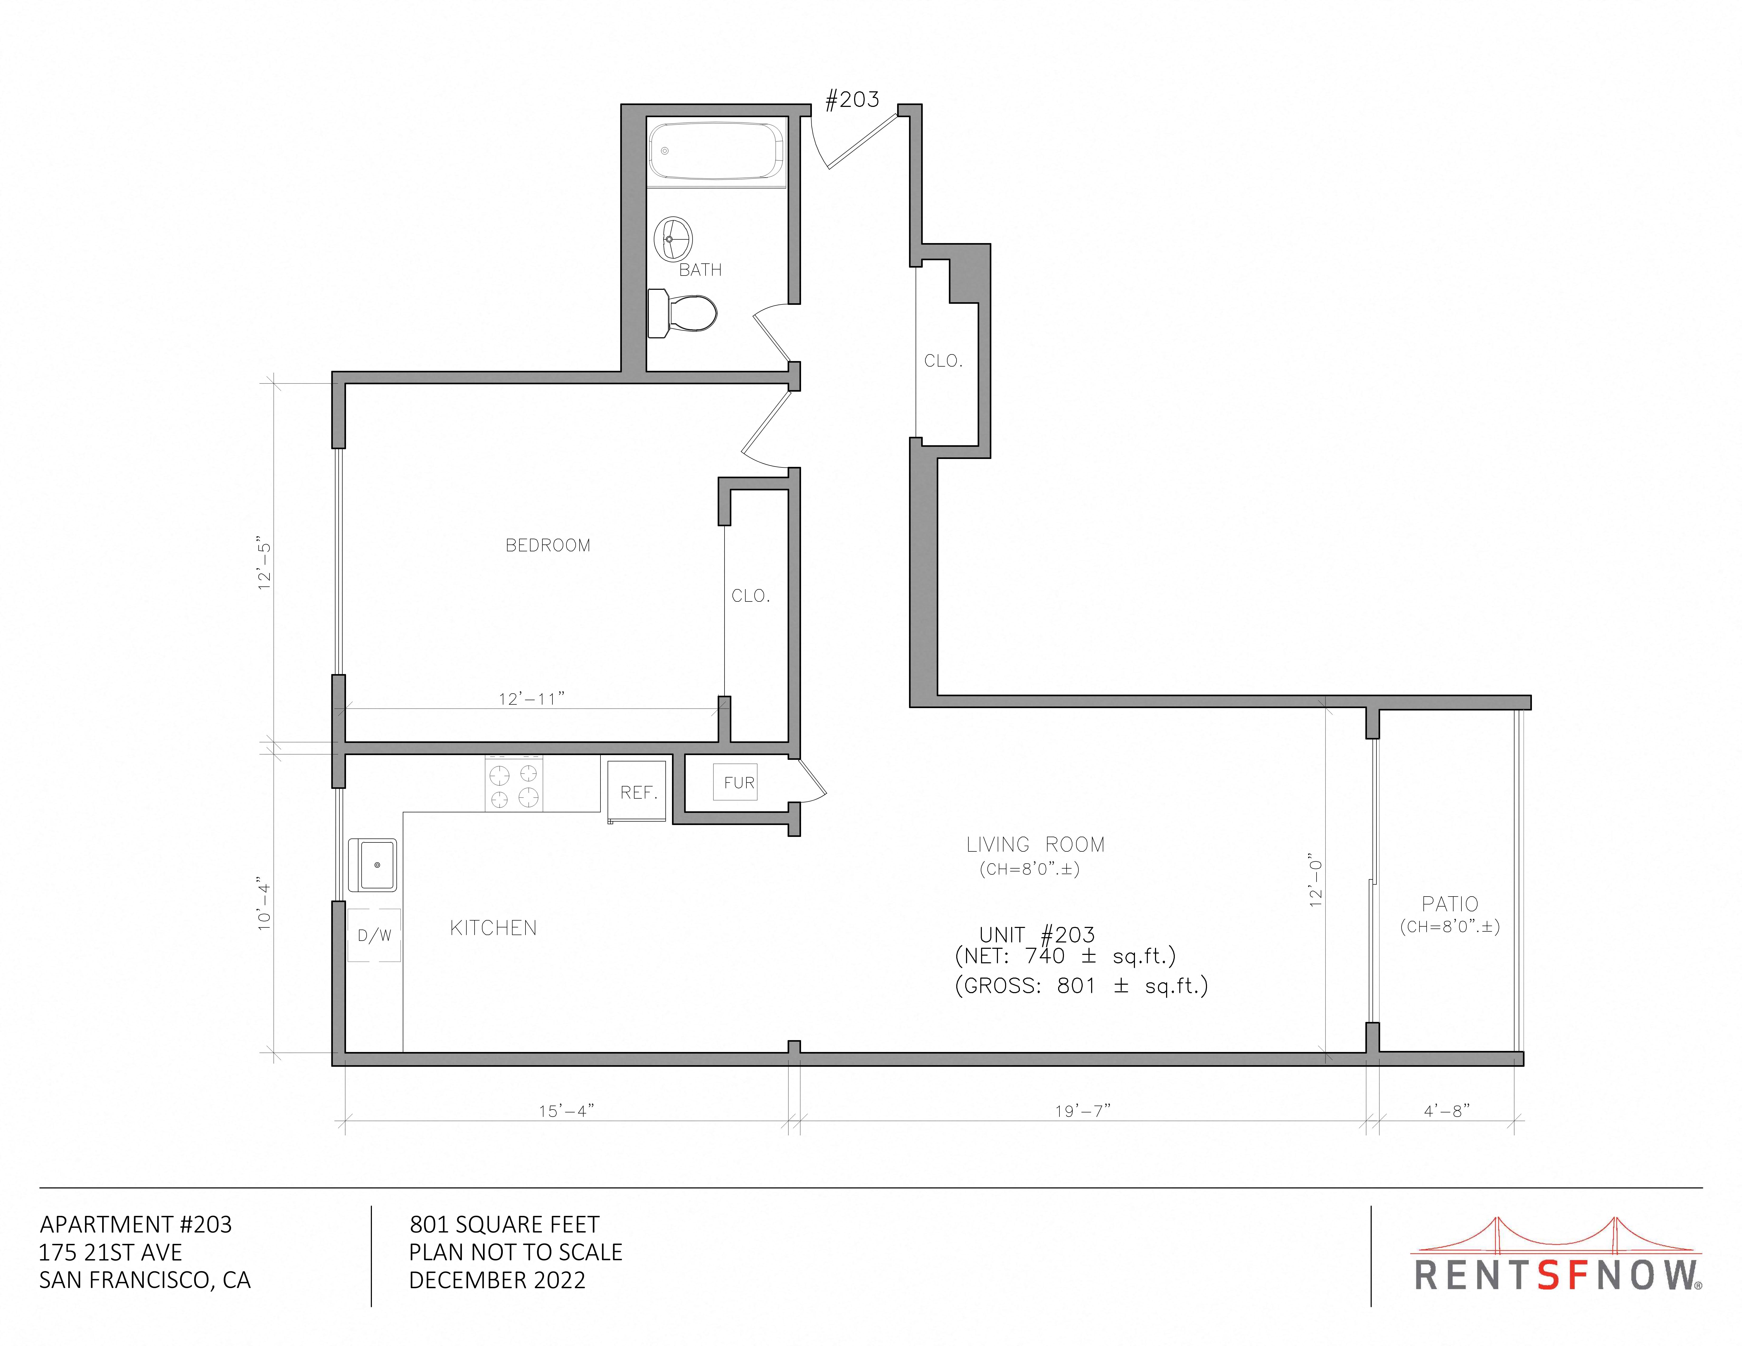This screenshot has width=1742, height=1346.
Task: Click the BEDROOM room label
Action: tap(548, 546)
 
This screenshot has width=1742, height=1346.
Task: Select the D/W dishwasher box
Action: tap(374, 935)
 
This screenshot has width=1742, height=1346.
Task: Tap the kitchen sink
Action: tap(372, 864)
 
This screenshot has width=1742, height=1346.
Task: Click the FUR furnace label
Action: tap(739, 783)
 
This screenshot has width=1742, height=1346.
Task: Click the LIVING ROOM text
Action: tap(1035, 845)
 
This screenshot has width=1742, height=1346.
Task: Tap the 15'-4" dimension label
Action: tap(566, 1111)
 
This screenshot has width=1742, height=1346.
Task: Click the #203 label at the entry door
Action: tap(852, 100)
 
